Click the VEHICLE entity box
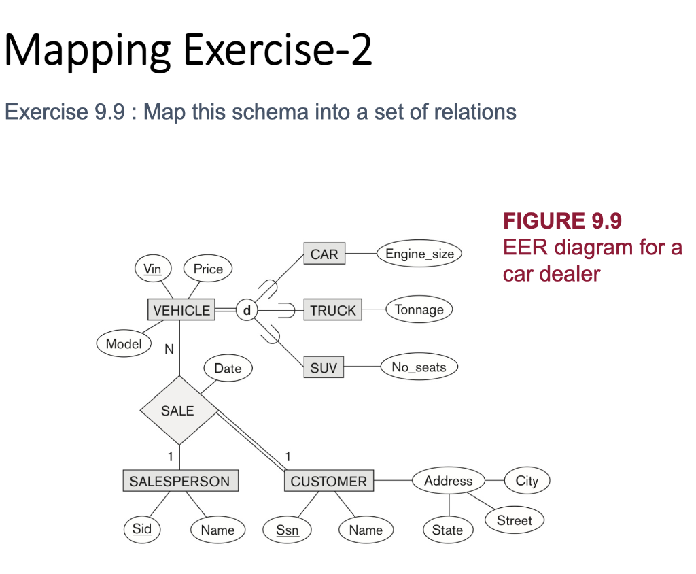(x=181, y=310)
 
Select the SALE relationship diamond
(x=178, y=411)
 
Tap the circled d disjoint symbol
(x=246, y=310)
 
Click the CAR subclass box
(x=324, y=254)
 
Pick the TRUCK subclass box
(x=332, y=310)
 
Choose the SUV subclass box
(x=324, y=368)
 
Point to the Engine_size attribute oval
(x=419, y=254)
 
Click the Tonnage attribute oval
(x=419, y=309)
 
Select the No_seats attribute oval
(x=419, y=367)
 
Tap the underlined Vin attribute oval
(x=153, y=269)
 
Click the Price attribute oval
(x=208, y=269)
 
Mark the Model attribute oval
(x=124, y=343)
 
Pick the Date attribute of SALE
(x=228, y=368)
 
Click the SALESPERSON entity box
(x=180, y=481)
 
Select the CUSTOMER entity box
(x=328, y=481)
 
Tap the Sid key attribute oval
(x=142, y=529)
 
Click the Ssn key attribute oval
(x=288, y=530)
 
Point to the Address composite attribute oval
(x=448, y=481)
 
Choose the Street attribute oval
(x=514, y=520)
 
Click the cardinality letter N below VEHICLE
(x=169, y=349)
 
